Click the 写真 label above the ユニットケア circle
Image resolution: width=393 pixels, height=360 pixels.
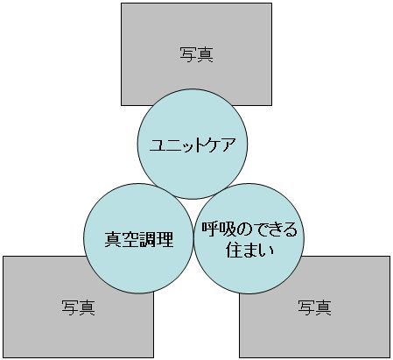click(x=196, y=54)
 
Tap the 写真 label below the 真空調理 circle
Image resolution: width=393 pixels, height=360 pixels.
click(x=79, y=307)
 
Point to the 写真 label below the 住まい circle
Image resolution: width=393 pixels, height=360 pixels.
click(x=314, y=307)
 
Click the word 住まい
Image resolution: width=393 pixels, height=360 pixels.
click(x=250, y=250)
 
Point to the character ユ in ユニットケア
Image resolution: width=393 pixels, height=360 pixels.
click(x=158, y=145)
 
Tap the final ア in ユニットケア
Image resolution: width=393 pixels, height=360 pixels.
click(x=228, y=145)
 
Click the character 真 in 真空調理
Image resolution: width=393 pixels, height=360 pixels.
click(x=113, y=239)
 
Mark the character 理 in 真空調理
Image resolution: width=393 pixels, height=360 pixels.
click(x=165, y=239)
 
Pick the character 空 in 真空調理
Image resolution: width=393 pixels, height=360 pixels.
click(x=130, y=239)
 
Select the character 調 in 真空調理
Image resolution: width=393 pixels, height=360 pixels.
click(x=148, y=239)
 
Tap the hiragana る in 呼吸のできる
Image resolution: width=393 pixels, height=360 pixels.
click(x=290, y=229)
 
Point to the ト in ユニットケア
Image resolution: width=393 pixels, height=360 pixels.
click(x=199, y=145)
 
